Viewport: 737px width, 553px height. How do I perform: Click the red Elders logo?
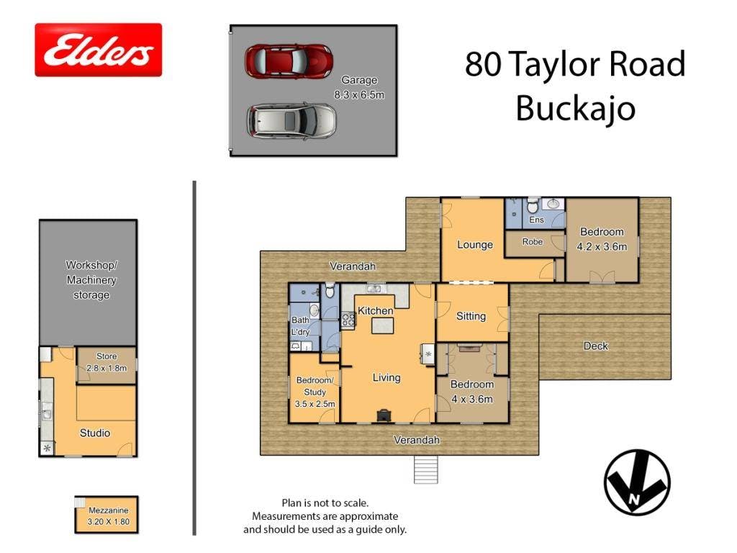pyautogui.click(x=98, y=50)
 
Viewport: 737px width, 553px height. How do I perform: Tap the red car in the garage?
pyautogui.click(x=289, y=61)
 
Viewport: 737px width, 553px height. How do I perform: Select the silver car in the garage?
pyautogui.click(x=291, y=121)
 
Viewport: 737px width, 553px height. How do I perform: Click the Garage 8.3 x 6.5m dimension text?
pyautogui.click(x=359, y=87)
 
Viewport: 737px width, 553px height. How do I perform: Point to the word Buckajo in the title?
pyautogui.click(x=575, y=109)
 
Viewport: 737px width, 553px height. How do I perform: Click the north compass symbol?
pyautogui.click(x=637, y=482)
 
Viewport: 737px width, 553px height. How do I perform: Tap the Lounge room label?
pyautogui.click(x=475, y=245)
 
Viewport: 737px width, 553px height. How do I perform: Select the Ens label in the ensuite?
pyautogui.click(x=536, y=220)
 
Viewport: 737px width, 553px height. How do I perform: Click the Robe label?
pyautogui.click(x=532, y=242)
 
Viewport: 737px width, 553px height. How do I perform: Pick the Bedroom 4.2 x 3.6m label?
pyautogui.click(x=602, y=239)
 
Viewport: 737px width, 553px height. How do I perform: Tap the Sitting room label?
pyautogui.click(x=471, y=317)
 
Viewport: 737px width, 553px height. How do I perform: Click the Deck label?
pyautogui.click(x=595, y=346)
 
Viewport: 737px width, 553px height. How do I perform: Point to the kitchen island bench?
pyautogui.click(x=383, y=325)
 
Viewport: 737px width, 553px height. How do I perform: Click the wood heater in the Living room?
pyautogui.click(x=384, y=415)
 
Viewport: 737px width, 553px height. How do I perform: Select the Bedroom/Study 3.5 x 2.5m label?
pyautogui.click(x=315, y=392)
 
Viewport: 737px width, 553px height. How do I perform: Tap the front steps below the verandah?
pyautogui.click(x=426, y=469)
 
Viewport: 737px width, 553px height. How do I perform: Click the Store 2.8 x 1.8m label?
pyautogui.click(x=107, y=362)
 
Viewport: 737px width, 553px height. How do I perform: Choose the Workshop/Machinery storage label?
pyautogui.click(x=91, y=280)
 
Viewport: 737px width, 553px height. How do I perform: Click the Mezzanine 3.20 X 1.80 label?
pyautogui.click(x=108, y=516)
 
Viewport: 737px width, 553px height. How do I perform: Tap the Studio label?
pyautogui.click(x=95, y=433)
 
